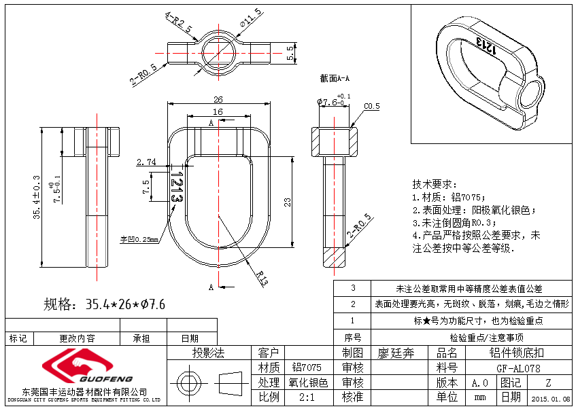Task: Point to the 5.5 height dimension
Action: coord(291,53)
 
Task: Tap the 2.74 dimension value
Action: coord(146,162)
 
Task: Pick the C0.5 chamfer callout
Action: coord(372,107)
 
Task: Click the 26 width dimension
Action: coord(218,99)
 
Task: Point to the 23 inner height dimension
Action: coord(288,202)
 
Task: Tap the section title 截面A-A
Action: coord(335,79)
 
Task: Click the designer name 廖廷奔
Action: coord(396,353)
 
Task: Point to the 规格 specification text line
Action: coord(105,304)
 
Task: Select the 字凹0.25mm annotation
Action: coord(139,239)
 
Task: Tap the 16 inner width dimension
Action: coord(218,111)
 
